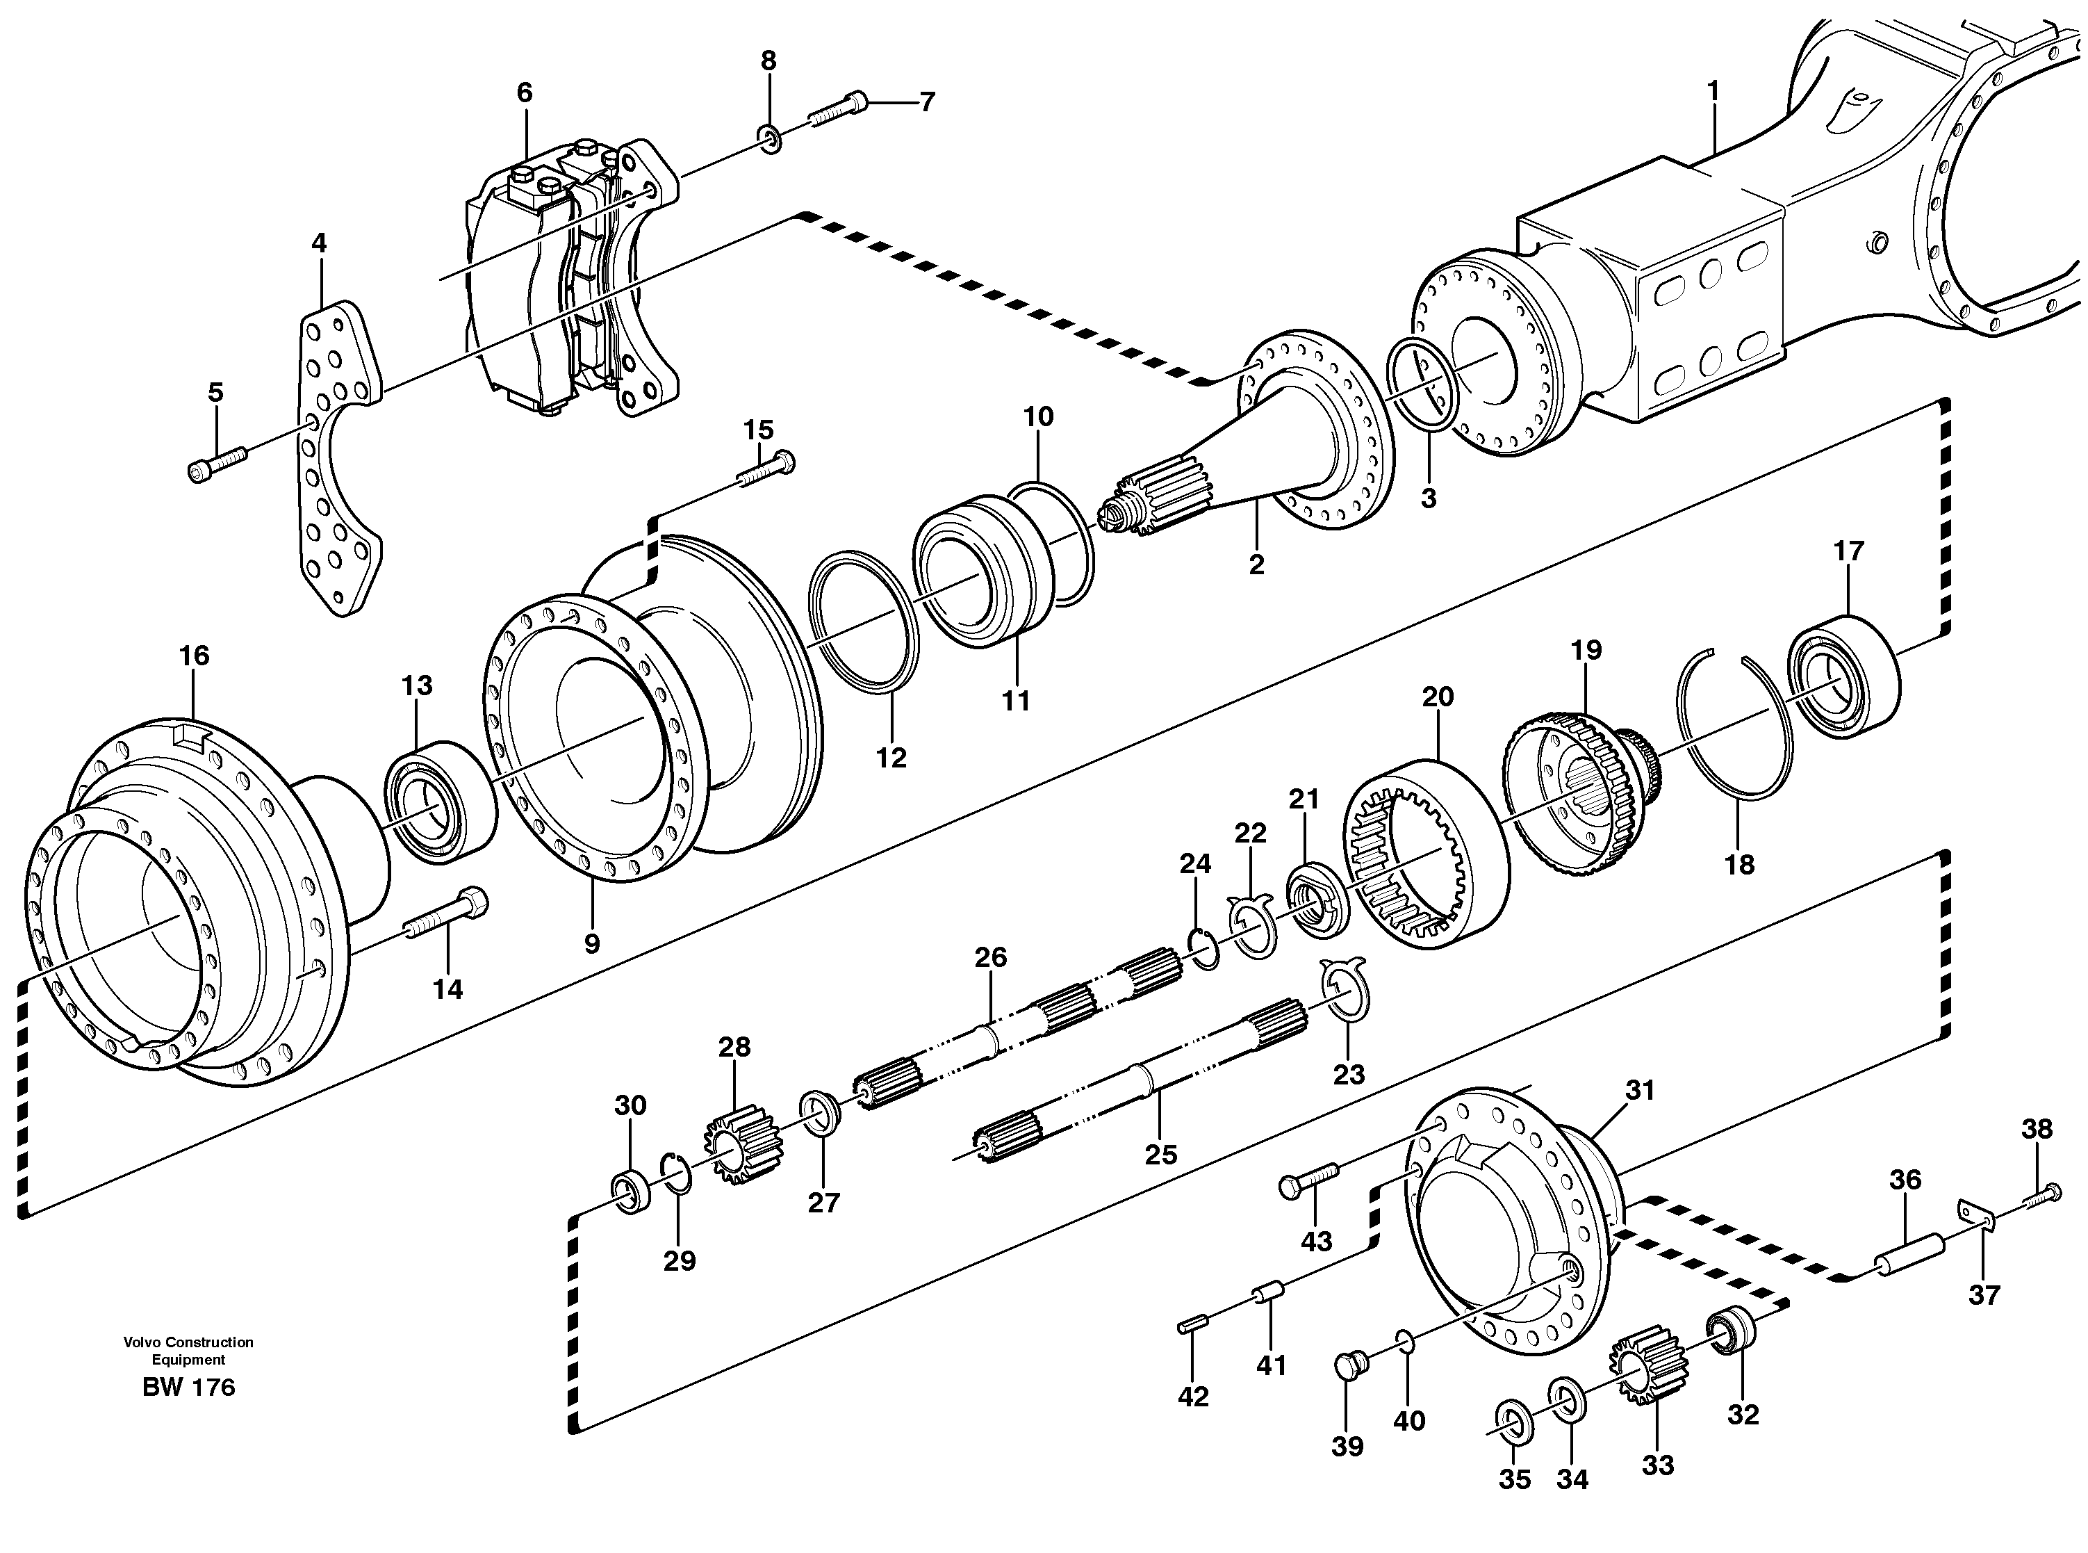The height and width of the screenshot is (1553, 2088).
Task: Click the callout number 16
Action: [x=194, y=656]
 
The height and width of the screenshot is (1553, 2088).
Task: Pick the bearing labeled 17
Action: [x=1843, y=677]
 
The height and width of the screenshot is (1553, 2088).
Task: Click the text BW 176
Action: [x=189, y=1388]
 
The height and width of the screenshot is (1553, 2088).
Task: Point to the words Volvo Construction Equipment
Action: [x=188, y=1351]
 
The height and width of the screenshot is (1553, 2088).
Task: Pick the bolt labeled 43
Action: [x=1307, y=1179]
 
